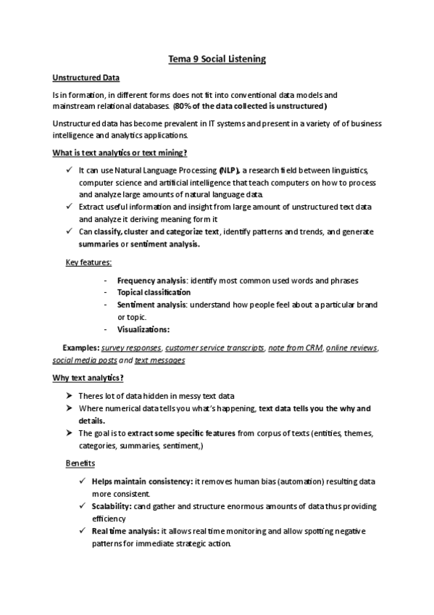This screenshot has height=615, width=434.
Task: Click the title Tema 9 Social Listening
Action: point(217,59)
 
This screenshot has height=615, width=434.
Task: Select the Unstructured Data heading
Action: point(86,78)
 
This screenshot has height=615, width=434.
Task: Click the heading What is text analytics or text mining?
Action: point(120,152)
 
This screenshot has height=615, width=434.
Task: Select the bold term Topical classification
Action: point(154,292)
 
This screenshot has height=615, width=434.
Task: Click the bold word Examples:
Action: point(80,348)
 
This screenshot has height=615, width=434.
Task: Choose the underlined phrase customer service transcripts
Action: point(214,348)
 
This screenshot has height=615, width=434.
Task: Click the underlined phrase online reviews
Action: point(351,348)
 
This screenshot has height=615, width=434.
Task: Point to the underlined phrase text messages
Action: point(159,360)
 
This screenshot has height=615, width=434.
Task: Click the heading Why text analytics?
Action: point(88,378)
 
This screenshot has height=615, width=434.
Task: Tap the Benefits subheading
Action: point(80,463)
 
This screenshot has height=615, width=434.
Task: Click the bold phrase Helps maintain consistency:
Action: point(142,482)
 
